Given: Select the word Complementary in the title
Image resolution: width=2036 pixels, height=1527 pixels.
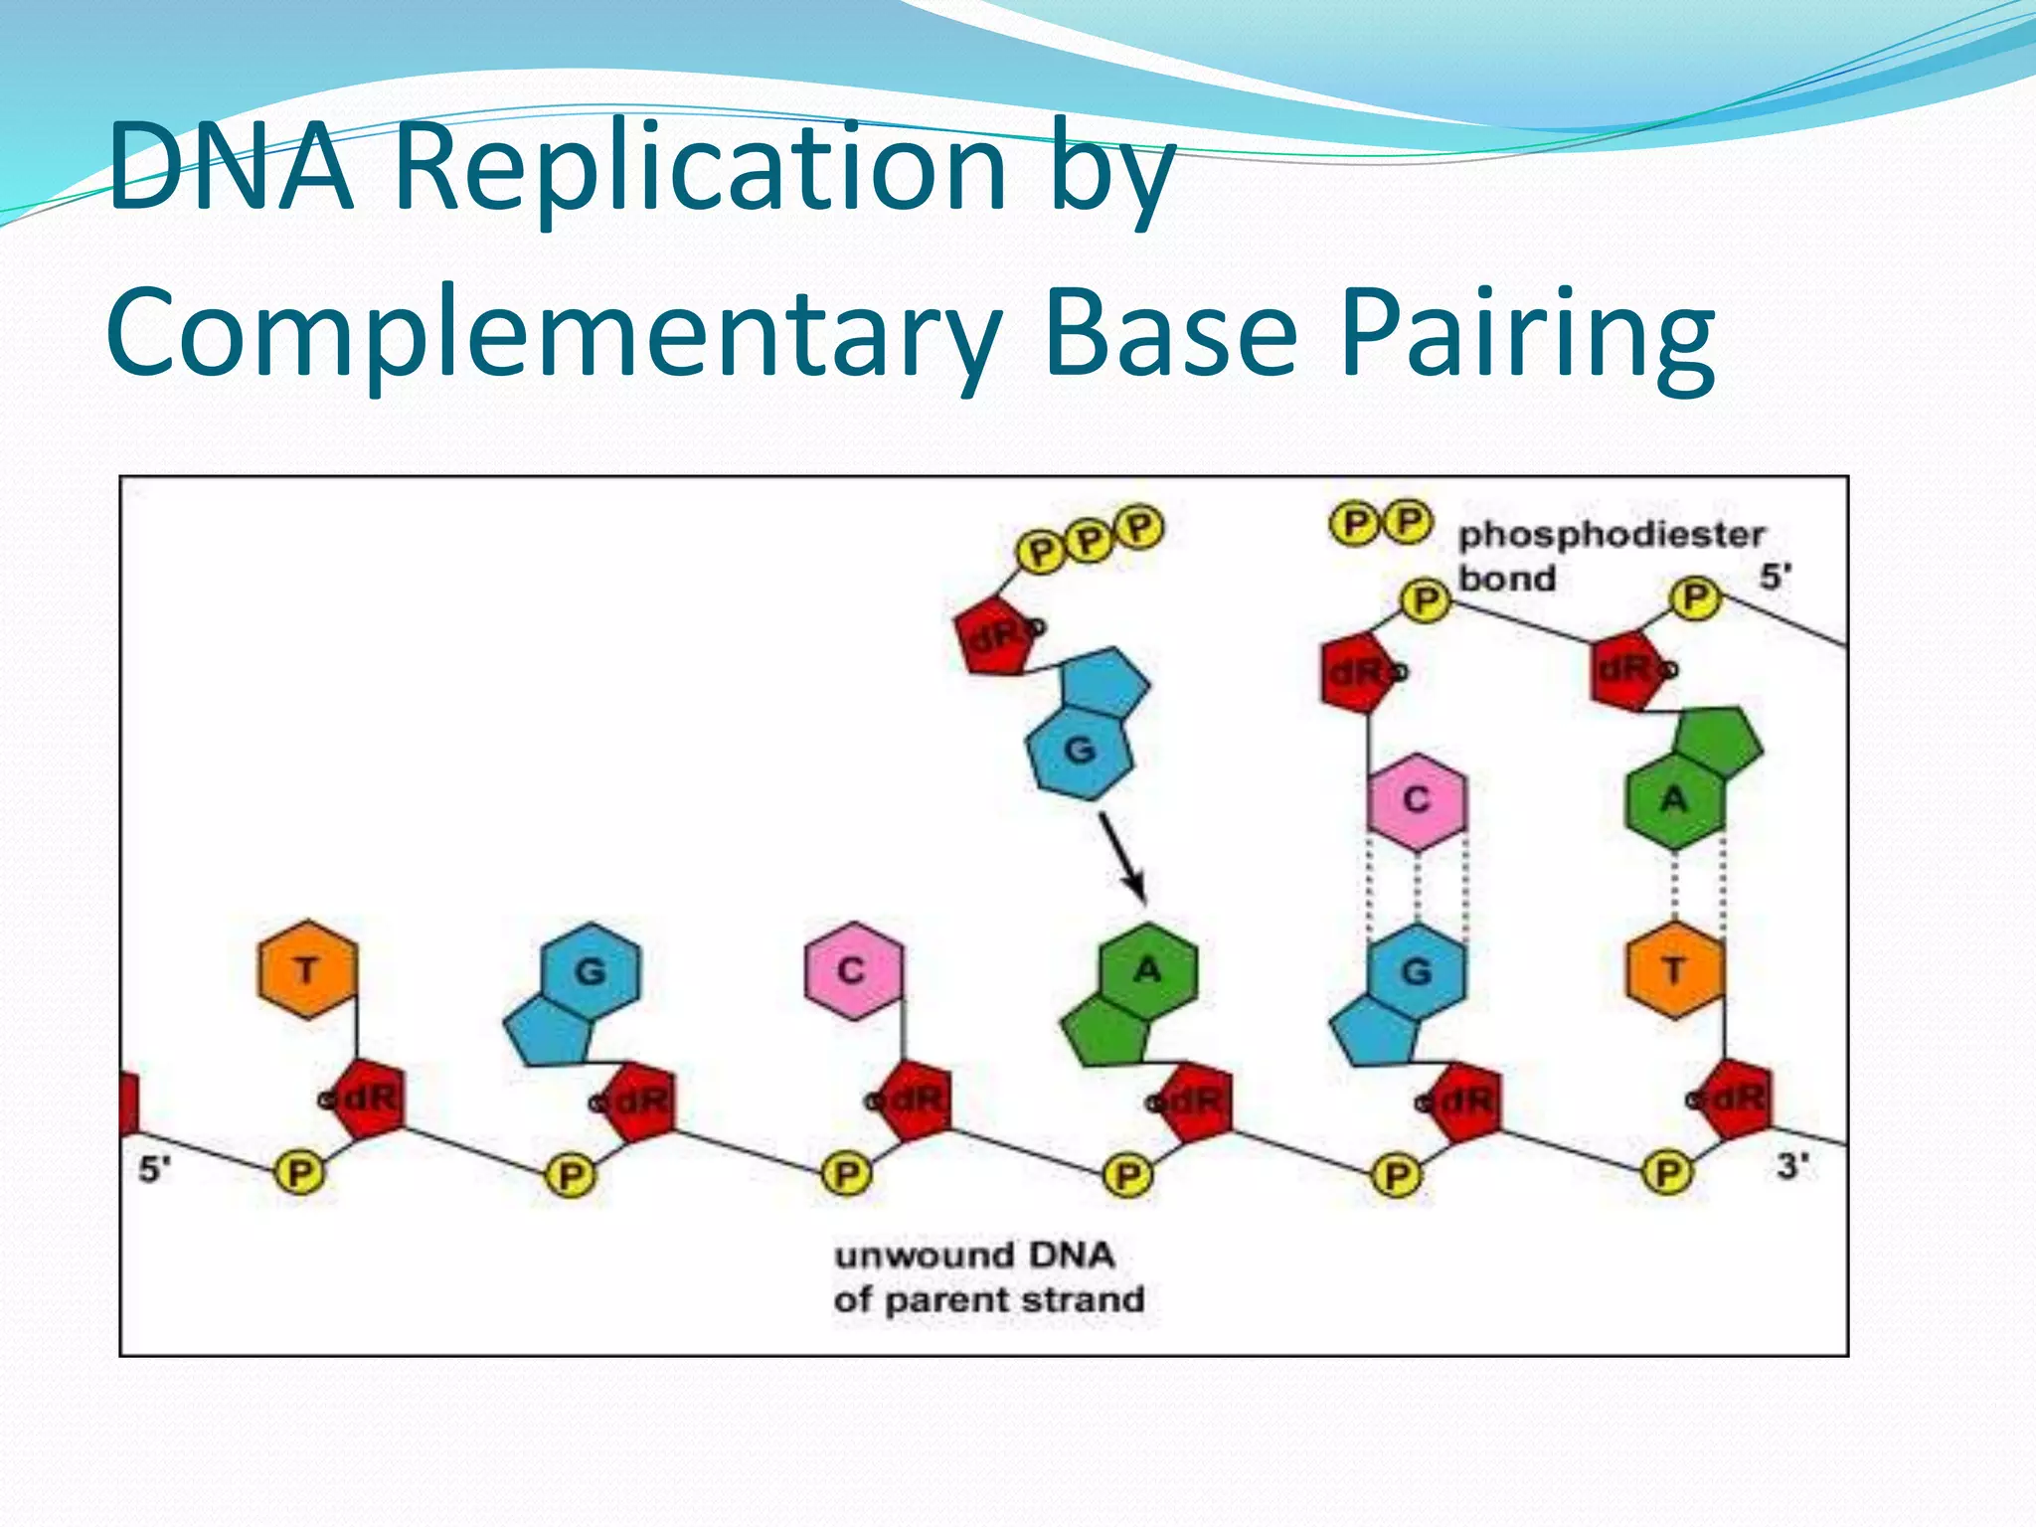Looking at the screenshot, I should [x=553, y=332].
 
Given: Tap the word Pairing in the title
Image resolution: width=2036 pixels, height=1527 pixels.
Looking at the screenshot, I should [x=1527, y=332].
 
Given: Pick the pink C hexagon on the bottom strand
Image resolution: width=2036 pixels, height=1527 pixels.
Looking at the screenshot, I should [x=852, y=970].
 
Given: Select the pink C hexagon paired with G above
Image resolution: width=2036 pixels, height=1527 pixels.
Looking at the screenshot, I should [x=1416, y=800].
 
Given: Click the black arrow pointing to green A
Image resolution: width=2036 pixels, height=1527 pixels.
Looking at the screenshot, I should [x=1123, y=857].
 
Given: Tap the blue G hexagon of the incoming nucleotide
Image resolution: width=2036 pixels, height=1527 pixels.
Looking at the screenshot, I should [x=1080, y=751].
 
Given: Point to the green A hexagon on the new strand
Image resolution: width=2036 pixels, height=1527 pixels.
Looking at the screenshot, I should [x=1675, y=800].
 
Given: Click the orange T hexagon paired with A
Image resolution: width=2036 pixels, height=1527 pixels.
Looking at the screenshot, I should [x=1675, y=970].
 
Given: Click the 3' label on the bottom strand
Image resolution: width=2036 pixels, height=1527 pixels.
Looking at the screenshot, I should [x=1792, y=1165].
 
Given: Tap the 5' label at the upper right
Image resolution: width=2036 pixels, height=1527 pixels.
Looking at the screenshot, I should [x=1776, y=576].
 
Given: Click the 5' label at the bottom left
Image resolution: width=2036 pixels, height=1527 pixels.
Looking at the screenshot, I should [x=154, y=1169].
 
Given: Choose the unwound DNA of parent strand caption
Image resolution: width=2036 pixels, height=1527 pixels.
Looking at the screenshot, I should [x=988, y=1277].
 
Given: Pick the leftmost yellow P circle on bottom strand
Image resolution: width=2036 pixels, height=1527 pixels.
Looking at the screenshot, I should [x=298, y=1174].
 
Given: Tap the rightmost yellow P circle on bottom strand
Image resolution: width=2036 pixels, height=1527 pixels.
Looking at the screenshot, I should [x=1667, y=1174].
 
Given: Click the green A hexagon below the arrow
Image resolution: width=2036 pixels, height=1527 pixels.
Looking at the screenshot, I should [x=1148, y=970].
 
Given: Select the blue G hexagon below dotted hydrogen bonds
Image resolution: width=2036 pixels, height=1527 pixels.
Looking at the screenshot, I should [x=1416, y=970].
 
